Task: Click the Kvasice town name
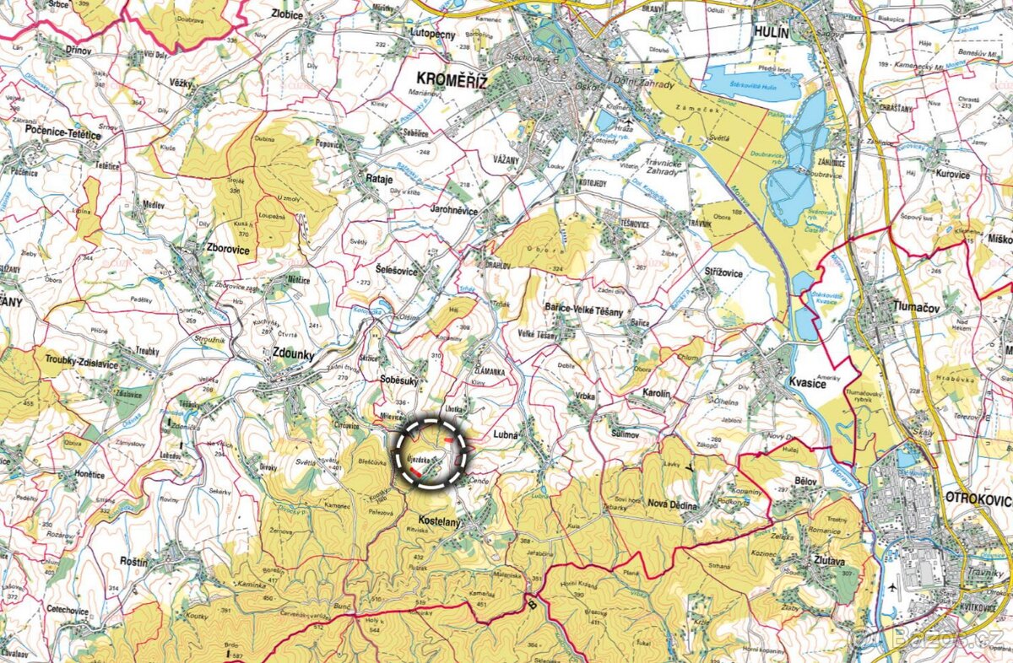(x=805, y=383)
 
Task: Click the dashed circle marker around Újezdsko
(x=432, y=453)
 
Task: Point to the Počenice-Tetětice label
(x=64, y=135)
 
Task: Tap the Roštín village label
(x=133, y=561)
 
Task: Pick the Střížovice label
(x=723, y=272)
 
